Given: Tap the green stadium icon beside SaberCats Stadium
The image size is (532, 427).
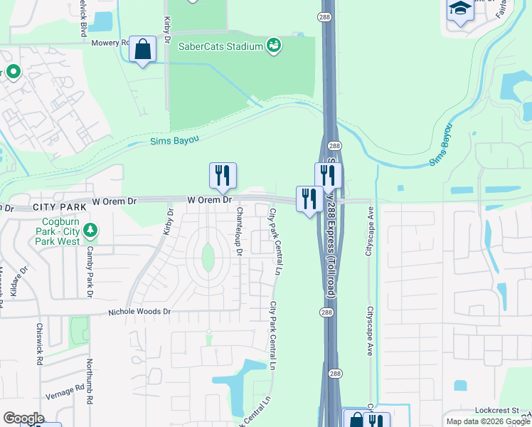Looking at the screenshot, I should [274, 46].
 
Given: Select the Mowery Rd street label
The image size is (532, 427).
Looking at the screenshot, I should [110, 43].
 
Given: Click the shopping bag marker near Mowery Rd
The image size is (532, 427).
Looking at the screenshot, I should [142, 49].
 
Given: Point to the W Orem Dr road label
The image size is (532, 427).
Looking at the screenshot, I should [210, 201].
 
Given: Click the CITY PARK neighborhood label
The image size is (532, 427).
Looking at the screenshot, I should [60, 207].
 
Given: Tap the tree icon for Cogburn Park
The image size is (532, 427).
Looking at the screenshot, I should [90, 230].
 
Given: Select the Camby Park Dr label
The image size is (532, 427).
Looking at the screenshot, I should [90, 263].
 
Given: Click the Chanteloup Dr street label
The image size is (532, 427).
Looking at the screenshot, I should [239, 231].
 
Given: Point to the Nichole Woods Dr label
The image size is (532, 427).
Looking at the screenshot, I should [139, 312].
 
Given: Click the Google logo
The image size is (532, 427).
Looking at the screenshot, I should [23, 418].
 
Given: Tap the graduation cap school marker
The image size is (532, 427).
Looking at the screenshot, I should [460, 9].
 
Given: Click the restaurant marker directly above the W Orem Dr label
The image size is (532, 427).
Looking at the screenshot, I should [223, 175].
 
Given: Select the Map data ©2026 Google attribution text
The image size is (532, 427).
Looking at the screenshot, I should [488, 421].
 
